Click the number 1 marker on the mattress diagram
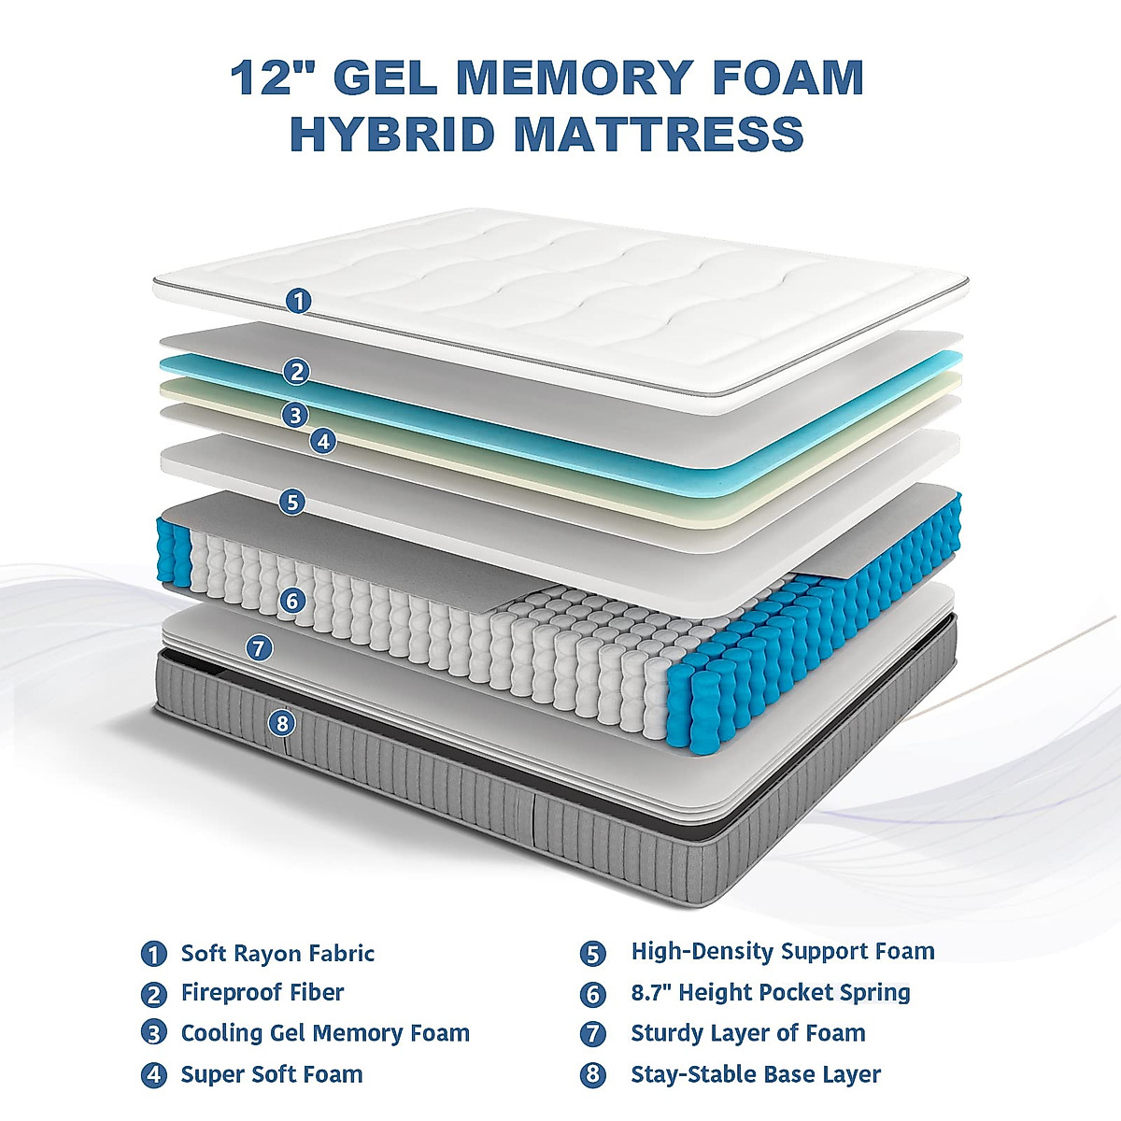click(298, 301)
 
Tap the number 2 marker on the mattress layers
click(296, 372)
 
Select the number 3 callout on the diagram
click(295, 414)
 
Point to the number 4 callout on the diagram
click(323, 441)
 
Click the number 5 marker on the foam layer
click(292, 502)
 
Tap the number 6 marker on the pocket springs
click(292, 600)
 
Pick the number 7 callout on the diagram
click(259, 646)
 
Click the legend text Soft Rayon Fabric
click(277, 954)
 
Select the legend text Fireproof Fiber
click(263, 993)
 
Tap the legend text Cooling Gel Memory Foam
click(325, 1033)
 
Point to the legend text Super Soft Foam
click(272, 1074)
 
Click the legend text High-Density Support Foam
click(783, 952)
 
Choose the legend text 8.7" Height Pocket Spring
click(771, 992)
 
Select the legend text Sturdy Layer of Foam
click(748, 1033)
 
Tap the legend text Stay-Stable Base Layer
click(756, 1074)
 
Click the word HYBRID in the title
click(391, 133)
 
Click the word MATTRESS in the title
click(660, 133)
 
